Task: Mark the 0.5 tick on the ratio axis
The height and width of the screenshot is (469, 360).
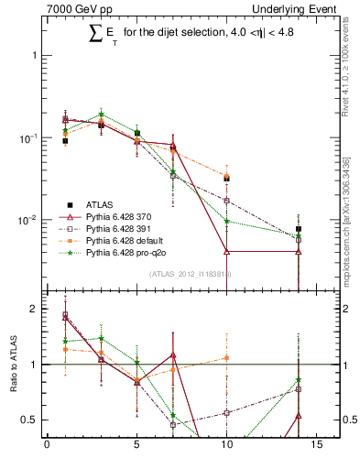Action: [32, 420]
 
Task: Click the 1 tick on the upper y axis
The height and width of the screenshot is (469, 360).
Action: [36, 55]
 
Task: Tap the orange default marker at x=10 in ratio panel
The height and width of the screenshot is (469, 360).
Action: [226, 358]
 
